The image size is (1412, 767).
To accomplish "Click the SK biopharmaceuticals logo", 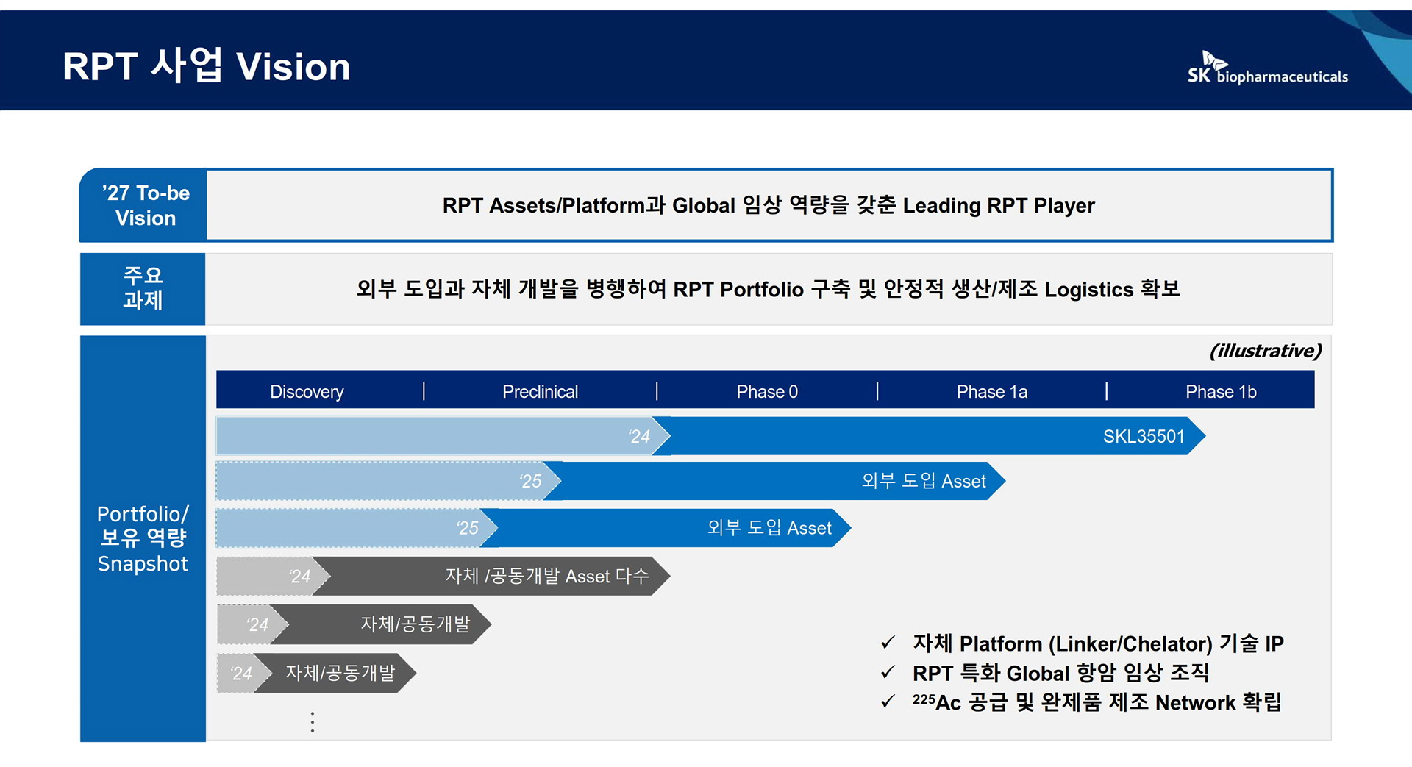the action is point(1267,68).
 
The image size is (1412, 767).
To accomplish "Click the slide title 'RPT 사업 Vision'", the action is point(206,65).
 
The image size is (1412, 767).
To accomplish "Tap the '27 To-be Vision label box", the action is point(143,205).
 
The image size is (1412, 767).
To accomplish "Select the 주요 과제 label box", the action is point(143,288).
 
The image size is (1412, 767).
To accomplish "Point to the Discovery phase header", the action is point(307,392).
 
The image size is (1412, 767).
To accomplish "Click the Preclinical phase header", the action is point(540,392).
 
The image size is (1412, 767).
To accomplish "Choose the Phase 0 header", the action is point(767,392).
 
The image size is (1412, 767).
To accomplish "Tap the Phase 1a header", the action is point(991,392).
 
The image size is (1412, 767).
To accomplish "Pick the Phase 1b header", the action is point(1221,392).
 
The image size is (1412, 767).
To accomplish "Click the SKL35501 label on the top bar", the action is point(1144,436).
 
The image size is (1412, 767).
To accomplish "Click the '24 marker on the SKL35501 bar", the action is point(639,436).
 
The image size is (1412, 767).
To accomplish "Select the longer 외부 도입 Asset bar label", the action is point(924,481).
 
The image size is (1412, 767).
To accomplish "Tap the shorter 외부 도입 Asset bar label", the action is point(769,528).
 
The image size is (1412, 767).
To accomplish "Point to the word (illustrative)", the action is point(1266,351).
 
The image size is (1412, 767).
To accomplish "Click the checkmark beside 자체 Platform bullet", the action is point(888,643).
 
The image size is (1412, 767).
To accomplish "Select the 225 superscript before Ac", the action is point(924,699).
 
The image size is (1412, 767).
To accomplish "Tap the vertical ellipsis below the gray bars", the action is point(313,722).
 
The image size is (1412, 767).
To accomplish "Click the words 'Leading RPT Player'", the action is point(999,205).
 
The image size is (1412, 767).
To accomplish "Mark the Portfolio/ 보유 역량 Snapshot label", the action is point(143,538).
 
